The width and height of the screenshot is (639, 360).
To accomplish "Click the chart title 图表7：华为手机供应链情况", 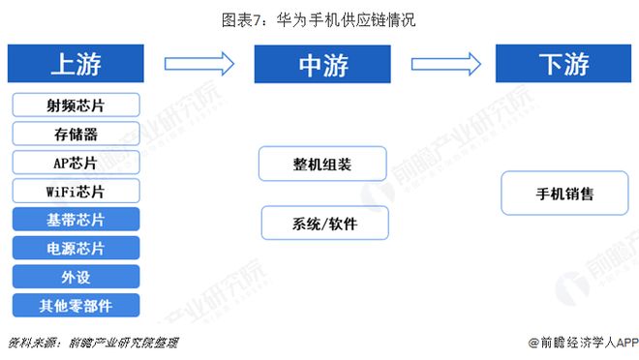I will (319, 19).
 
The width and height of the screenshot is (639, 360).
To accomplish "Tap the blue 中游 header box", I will (322, 64).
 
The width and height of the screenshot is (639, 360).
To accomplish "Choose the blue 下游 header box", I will (563, 64).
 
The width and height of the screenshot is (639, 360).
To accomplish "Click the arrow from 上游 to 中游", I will (199, 64).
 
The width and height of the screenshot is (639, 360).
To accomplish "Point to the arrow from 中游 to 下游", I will (445, 64).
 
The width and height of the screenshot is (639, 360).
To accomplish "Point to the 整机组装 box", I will (322, 164).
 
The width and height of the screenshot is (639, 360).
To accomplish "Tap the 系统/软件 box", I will (324, 223).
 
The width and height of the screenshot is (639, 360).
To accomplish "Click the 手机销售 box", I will (564, 194).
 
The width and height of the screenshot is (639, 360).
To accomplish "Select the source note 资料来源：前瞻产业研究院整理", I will (93, 343).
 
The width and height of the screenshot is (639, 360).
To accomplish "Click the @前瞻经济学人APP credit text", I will (578, 343).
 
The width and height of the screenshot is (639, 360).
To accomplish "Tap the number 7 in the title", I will (269, 19).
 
